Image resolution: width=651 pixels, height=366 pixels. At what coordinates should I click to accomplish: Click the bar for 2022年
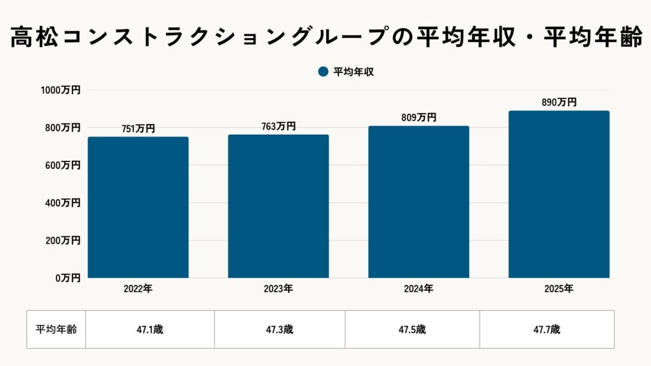point(138,207)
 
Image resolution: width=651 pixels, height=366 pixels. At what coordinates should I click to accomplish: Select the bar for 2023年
point(278,206)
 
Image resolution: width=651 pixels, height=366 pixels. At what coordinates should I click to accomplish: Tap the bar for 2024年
point(418,202)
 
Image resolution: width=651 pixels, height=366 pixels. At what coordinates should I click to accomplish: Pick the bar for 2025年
point(559,194)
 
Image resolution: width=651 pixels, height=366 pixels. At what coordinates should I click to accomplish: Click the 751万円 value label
point(138,128)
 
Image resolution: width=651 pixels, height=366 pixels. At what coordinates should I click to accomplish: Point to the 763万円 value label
point(278,126)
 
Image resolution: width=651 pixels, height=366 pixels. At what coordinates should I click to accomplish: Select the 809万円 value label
point(418,118)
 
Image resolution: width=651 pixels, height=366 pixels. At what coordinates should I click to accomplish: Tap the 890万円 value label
point(559,102)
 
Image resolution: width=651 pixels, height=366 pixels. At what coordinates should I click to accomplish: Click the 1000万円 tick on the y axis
point(61,90)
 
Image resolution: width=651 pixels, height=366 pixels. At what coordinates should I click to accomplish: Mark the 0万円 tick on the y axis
point(67,278)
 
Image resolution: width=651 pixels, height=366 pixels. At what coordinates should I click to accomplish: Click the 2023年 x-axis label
point(278,289)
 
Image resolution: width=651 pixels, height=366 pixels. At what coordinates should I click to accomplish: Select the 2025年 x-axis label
point(559,289)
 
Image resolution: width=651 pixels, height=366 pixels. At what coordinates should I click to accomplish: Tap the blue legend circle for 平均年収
point(323,72)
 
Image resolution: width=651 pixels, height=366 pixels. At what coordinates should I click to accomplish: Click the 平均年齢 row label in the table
point(56,329)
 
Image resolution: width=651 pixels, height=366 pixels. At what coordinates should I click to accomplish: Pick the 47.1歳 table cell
point(150,329)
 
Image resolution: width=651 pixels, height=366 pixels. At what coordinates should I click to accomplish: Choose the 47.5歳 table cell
point(412,329)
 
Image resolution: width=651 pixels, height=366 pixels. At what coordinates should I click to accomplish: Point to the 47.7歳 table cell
point(547,329)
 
